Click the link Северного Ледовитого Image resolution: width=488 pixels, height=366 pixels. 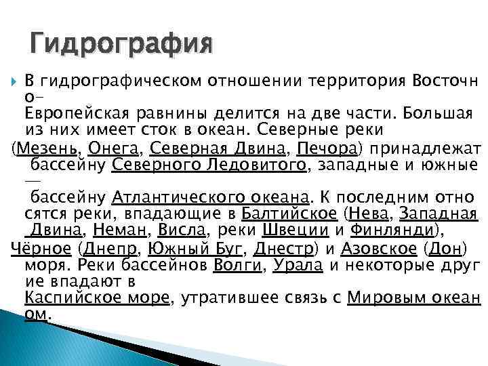pos(209,165)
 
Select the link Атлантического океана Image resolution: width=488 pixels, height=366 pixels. pos(210,198)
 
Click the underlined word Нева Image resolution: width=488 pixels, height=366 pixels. pos(370,215)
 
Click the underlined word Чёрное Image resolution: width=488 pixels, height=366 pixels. pos(41,248)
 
